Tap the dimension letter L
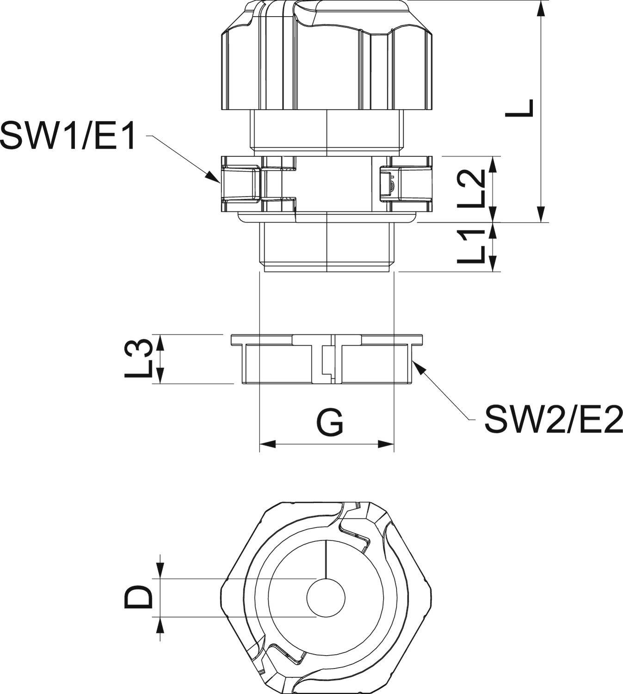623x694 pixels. pyautogui.click(x=520, y=108)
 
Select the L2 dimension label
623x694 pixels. pyautogui.click(x=472, y=189)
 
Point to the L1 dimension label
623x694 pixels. pyautogui.click(x=472, y=246)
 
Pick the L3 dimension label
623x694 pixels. pyautogui.click(x=139, y=358)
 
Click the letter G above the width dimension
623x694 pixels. pyautogui.click(x=330, y=422)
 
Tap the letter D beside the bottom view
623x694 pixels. pyautogui.click(x=139, y=597)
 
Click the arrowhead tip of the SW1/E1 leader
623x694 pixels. pyautogui.click(x=219, y=183)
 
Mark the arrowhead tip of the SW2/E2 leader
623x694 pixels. pyautogui.click(x=413, y=361)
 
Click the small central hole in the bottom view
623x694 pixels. pyautogui.click(x=326, y=597)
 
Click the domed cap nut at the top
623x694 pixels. pyautogui.click(x=327, y=60)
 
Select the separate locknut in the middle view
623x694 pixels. pyautogui.click(x=327, y=359)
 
